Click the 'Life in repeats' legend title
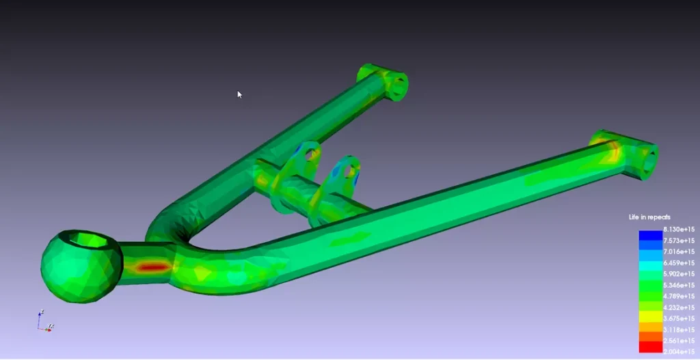point(649,217)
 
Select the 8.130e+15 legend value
point(679,230)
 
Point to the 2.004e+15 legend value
point(679,351)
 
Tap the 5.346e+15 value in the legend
point(679,285)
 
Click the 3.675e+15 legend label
point(679,318)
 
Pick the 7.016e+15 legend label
point(679,251)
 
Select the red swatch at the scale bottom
point(650,347)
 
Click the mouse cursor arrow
point(239,94)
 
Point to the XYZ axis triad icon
point(45,321)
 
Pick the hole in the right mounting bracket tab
point(351,168)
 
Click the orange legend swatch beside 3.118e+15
point(650,329)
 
